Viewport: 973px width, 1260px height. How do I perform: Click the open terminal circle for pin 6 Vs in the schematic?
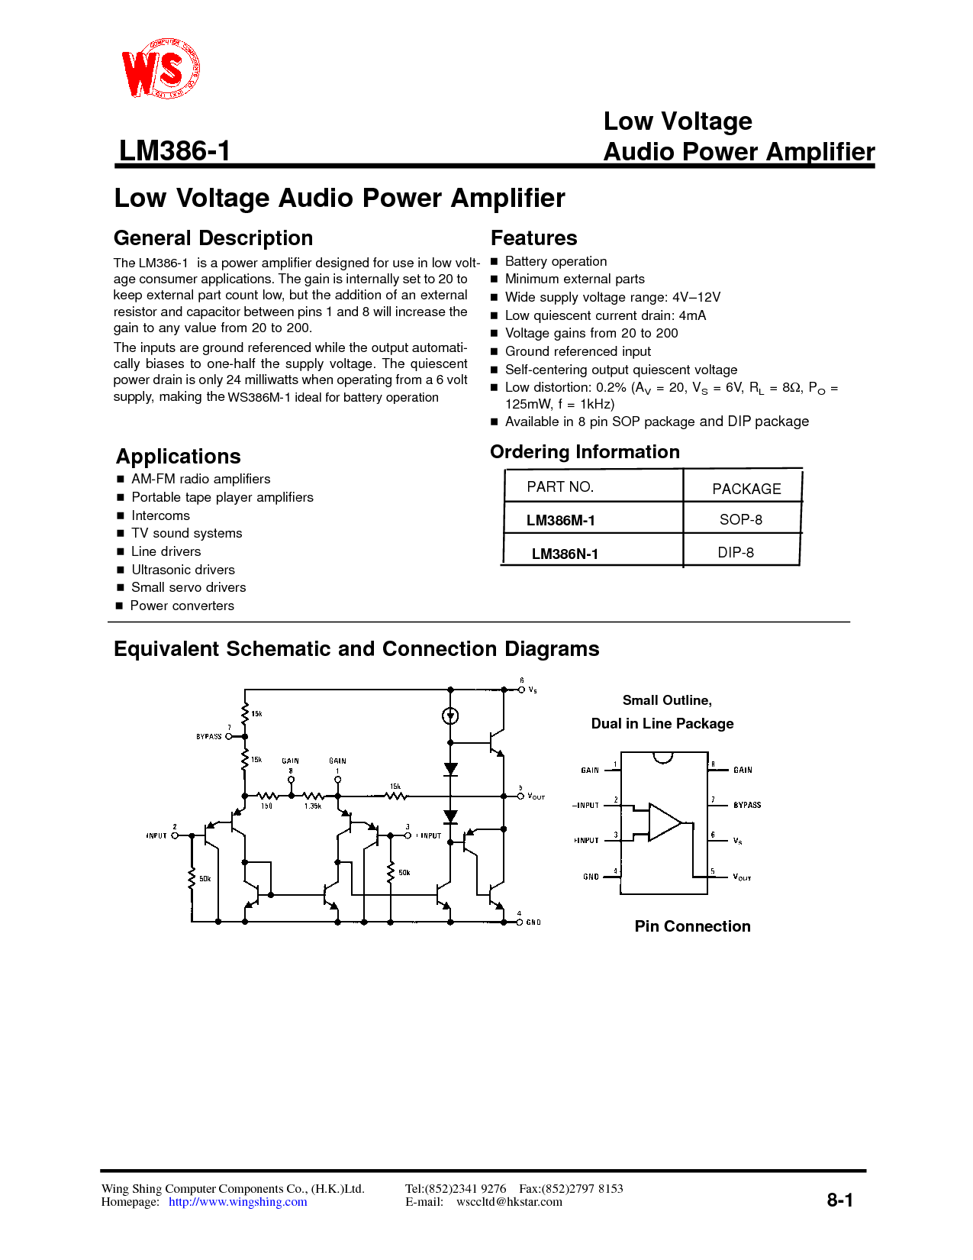coord(521,690)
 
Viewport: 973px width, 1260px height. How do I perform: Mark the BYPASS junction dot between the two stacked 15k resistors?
coord(244,736)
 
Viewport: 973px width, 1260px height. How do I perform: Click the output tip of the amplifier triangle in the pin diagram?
coord(681,822)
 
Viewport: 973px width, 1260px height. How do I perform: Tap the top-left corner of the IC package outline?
coord(620,753)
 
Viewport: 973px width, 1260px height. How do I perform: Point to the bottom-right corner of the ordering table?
coord(800,564)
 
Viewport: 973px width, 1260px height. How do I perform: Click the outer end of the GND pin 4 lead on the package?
coord(604,877)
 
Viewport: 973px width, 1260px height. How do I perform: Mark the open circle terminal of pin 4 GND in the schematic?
coord(520,922)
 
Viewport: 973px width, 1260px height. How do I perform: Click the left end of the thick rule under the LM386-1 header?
coord(114,166)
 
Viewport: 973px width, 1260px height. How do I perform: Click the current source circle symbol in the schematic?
coord(450,716)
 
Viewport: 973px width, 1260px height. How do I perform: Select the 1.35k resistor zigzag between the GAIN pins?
coord(313,796)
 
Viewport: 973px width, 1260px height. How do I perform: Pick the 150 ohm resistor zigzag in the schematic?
coord(267,796)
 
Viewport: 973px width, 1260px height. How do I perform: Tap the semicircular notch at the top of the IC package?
coord(663,758)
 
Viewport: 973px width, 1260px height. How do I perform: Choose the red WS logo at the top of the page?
coord(160,68)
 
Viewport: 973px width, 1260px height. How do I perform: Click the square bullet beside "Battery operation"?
coord(495,261)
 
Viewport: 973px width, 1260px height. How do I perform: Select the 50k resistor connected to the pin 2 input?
coord(192,879)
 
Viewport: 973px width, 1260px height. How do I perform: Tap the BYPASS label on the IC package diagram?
coord(747,805)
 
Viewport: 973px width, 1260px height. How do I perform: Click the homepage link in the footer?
coord(237,1201)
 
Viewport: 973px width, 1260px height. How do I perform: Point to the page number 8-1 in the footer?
coord(839,1200)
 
